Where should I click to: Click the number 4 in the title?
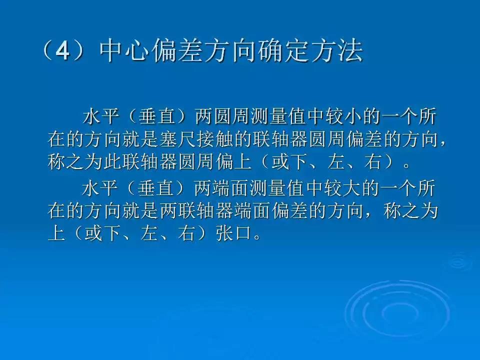point(61,51)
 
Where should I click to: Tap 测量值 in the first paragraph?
point(277,118)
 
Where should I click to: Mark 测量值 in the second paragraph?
point(277,189)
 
